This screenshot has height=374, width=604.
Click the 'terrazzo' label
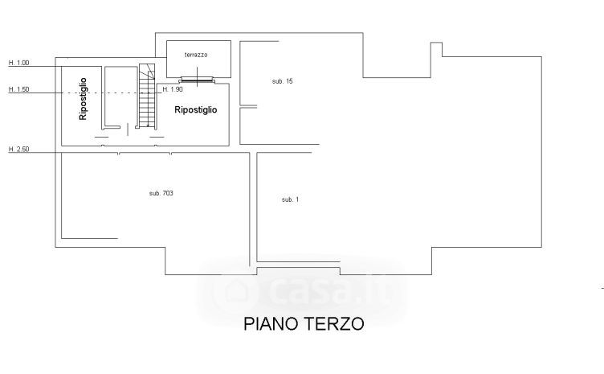coord(196,55)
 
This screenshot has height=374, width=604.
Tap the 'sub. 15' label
coord(283,81)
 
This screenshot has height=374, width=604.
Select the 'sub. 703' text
coord(161,193)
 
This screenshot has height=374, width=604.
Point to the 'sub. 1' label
coord(290,199)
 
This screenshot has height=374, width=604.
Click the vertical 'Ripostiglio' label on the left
coord(82,99)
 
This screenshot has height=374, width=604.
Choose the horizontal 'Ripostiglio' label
coord(196,110)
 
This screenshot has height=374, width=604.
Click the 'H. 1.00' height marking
coord(18,63)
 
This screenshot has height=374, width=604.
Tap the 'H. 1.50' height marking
coord(18,90)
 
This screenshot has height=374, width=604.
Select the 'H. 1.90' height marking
coord(173,89)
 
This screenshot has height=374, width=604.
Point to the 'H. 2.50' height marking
coord(18,150)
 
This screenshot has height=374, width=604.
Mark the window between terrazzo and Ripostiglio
coord(196,79)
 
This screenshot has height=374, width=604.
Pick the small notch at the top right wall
coord(436,49)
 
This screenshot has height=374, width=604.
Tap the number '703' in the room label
coord(168,193)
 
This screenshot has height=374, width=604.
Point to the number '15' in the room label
coord(288,81)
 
